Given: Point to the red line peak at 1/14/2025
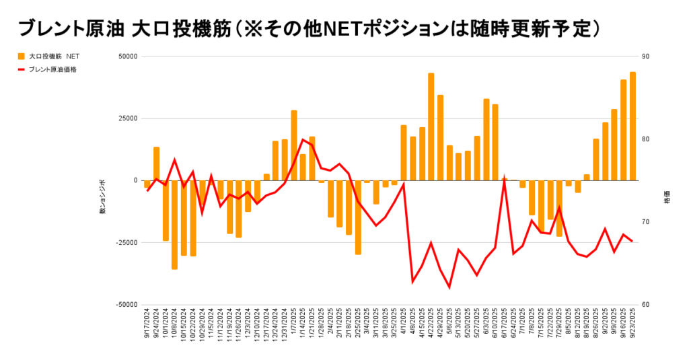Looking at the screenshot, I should click(303, 139).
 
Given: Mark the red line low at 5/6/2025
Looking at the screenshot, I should click(449, 287).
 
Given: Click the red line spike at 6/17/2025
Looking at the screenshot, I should click(505, 180).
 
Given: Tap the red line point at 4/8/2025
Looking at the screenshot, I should click(412, 281).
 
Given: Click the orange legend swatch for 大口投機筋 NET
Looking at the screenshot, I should click(21, 56).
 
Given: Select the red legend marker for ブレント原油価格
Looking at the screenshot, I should click(21, 69).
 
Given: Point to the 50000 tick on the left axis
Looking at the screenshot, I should click(127, 57).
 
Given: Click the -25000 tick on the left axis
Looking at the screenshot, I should click(126, 242).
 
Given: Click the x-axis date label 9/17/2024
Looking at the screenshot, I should click(147, 325).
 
